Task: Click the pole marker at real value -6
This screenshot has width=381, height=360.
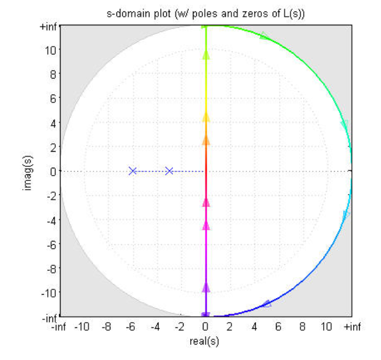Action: click(x=133, y=171)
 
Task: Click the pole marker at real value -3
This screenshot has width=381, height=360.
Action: click(x=169, y=171)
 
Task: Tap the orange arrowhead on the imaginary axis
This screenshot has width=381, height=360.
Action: click(x=205, y=140)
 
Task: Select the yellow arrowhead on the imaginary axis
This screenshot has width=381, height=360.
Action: click(x=205, y=116)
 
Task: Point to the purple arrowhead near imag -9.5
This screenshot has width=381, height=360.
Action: click(x=205, y=287)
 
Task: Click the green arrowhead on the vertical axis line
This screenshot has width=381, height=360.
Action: click(x=205, y=55)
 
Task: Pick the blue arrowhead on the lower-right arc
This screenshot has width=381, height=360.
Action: click(x=267, y=303)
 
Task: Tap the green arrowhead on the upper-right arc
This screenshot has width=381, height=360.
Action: click(x=265, y=35)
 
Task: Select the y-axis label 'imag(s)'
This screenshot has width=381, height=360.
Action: click(x=27, y=171)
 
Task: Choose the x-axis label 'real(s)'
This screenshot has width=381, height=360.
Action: click(x=205, y=341)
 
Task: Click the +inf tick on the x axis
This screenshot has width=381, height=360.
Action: click(x=351, y=327)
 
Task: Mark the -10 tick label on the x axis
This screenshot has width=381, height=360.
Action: click(x=82, y=327)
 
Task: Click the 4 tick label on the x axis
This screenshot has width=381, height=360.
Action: click(x=254, y=327)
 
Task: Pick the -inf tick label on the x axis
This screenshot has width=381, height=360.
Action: click(x=60, y=327)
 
